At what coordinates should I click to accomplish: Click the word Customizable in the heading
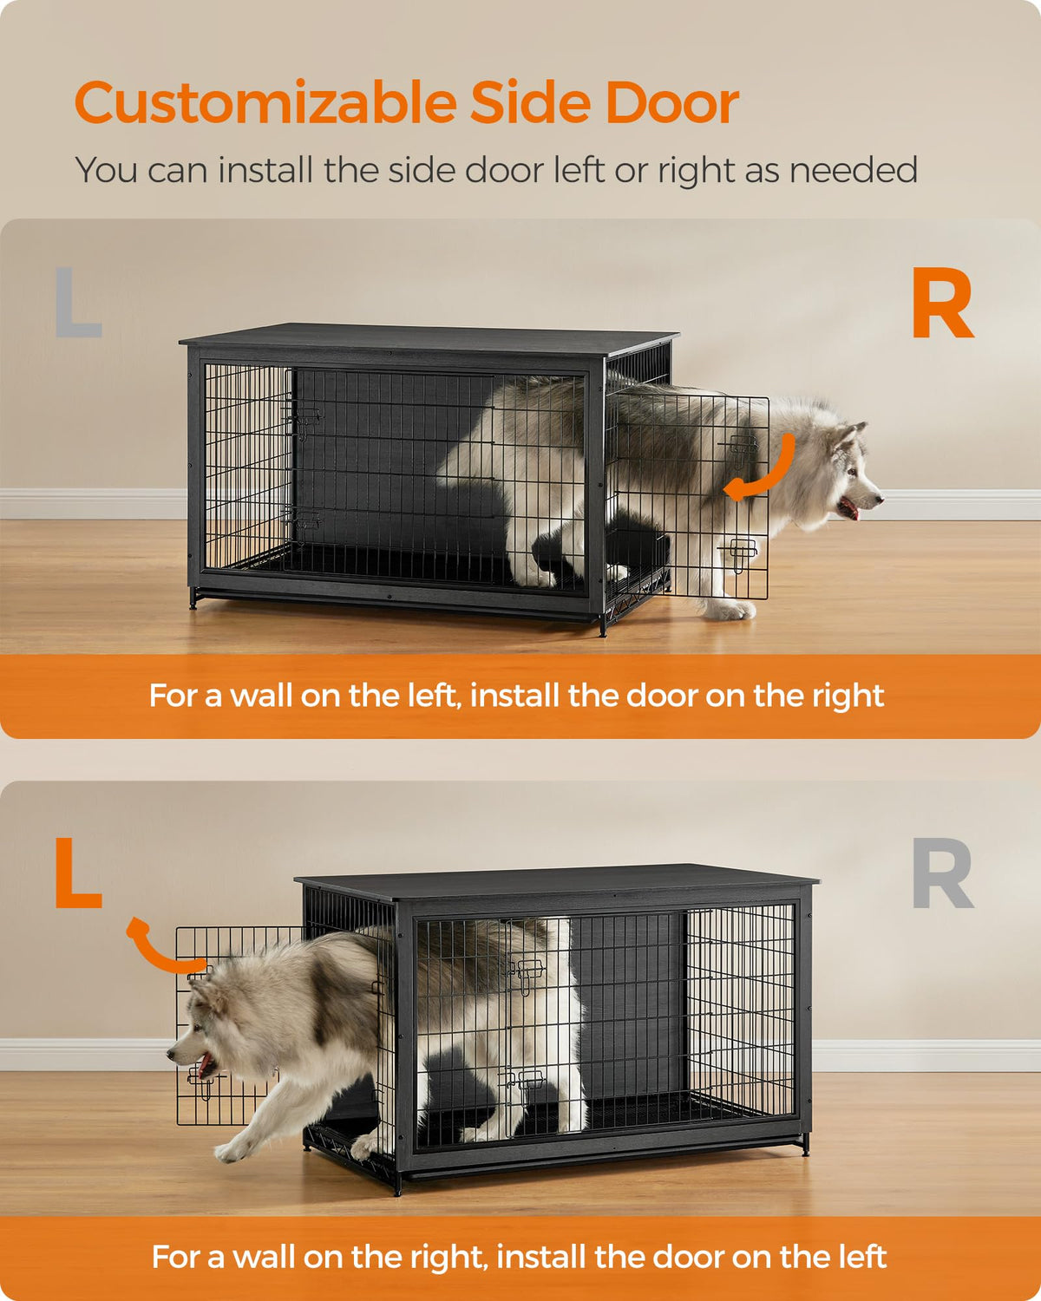pos(265,102)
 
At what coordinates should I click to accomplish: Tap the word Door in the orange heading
pos(671,102)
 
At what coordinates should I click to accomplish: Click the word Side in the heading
pos(531,102)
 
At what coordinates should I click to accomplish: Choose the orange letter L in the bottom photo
pos(78,873)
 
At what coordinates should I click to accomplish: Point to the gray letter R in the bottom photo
pos(942,873)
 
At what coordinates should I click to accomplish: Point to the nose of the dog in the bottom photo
pos(171,1056)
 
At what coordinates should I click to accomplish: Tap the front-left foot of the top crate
pos(193,598)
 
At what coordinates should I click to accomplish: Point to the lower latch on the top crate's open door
pos(739,552)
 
